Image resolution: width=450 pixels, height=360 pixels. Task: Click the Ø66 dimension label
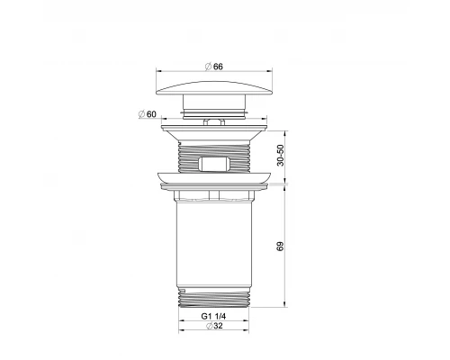click(214, 67)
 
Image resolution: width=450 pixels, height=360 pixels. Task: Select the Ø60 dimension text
click(148, 114)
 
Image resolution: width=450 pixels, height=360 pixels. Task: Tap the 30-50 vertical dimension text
click(280, 155)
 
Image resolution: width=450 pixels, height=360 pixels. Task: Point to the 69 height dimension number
click(280, 247)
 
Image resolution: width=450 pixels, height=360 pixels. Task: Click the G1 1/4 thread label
click(213, 316)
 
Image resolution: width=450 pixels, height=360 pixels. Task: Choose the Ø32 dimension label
click(214, 326)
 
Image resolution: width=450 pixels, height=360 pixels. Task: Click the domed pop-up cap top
click(214, 87)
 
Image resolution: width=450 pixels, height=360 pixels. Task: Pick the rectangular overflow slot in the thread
click(214, 164)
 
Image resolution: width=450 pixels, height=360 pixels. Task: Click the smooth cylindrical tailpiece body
click(213, 243)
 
